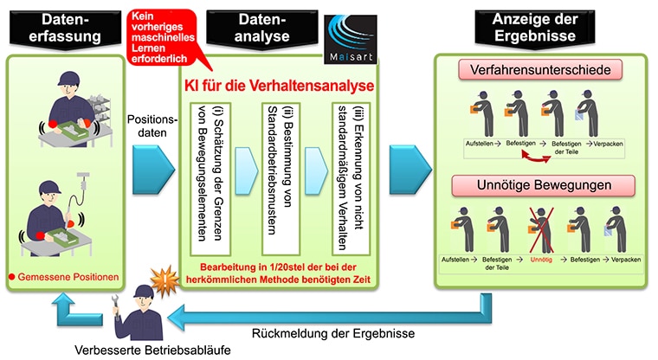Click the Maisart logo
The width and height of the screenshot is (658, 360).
pos(351,40)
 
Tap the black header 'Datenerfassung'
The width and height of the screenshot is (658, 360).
pos(65,28)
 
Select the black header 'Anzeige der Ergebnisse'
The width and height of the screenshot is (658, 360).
pos(535,28)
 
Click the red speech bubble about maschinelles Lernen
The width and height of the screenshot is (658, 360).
pos(163,37)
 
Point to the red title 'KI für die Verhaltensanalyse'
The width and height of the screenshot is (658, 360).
pos(279,86)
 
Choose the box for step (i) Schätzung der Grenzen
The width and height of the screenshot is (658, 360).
pos(210,179)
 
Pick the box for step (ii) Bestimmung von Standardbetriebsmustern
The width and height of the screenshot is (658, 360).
pos(281,179)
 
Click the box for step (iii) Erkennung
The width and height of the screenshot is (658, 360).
pos(351,179)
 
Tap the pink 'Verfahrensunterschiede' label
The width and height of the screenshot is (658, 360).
pos(540,69)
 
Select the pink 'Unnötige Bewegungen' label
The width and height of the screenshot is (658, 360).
pos(544,185)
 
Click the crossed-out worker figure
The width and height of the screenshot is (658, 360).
pos(541,229)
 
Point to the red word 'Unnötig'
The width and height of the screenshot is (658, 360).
pos(541,260)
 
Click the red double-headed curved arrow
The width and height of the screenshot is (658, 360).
pos(536,157)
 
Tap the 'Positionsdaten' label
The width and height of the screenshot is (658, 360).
pos(152,125)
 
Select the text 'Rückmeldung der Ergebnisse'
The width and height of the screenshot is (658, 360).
pos(333,333)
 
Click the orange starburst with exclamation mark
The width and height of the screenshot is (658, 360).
pos(165,280)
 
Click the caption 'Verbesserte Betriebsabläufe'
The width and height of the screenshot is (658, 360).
pos(152,350)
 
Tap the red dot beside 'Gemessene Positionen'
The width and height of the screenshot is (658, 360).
pos(12,277)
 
